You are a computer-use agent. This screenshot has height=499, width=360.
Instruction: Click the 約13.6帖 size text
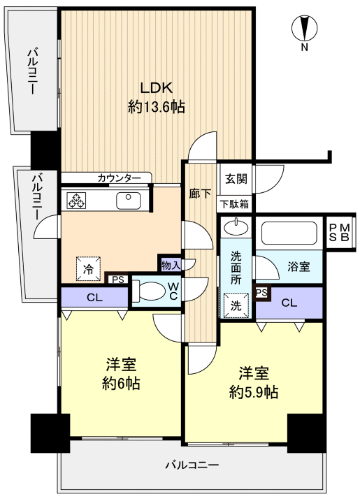pos(156,107)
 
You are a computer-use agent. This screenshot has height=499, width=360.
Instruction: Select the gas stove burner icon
pos(76,201)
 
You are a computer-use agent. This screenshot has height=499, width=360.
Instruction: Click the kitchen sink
pos(128,201)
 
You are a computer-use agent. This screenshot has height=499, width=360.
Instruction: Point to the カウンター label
pos(123,178)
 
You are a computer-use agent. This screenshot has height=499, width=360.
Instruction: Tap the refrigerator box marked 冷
pos(88,268)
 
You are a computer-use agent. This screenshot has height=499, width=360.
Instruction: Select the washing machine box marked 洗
pos(235,305)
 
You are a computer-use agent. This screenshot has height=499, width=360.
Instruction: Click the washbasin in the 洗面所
pos(237,227)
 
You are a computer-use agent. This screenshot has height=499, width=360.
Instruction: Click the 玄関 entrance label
pos(236,179)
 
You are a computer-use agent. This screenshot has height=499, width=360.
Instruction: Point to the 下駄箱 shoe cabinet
pos(236,204)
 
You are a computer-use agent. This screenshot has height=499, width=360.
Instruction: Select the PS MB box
pos(340,233)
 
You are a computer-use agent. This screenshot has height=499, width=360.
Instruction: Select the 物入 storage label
pos(170,263)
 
